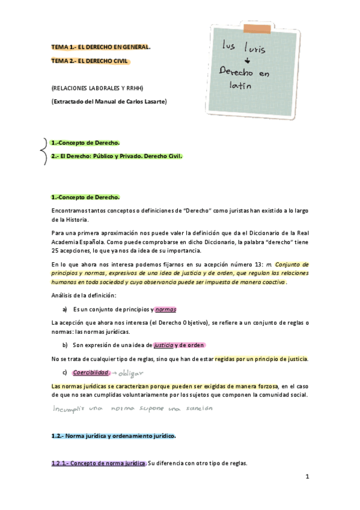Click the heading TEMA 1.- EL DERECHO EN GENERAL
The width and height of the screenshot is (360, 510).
click(x=101, y=47)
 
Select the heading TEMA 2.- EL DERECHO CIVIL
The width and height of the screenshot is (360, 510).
click(x=90, y=61)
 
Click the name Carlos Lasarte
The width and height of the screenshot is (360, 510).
click(x=144, y=102)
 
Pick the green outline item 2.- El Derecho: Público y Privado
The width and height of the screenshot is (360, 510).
click(x=117, y=156)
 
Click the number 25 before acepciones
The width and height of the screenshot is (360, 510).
click(x=56, y=251)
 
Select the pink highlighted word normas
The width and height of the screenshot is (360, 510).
click(x=165, y=309)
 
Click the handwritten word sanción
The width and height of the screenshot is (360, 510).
click(x=198, y=408)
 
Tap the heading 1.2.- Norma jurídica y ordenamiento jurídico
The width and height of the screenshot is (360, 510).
click(x=114, y=435)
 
